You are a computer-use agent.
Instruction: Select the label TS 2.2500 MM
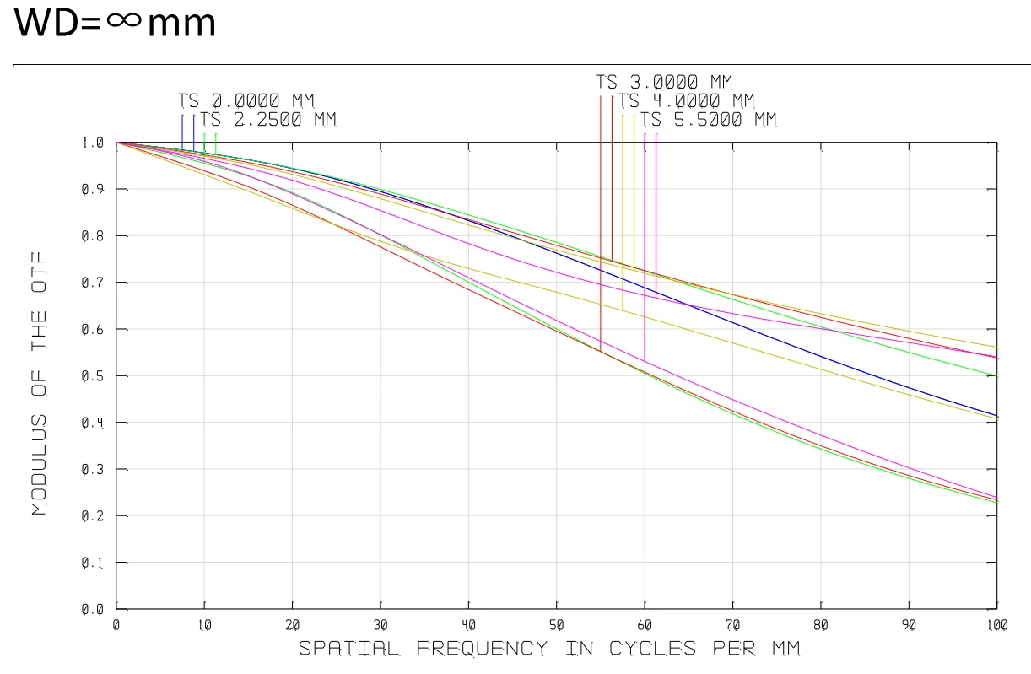pyautogui.click(x=268, y=120)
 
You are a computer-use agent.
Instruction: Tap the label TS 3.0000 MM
pyautogui.click(x=665, y=83)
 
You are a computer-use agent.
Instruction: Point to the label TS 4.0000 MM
pyautogui.click(x=686, y=101)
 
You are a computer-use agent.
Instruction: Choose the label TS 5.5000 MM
pyautogui.click(x=708, y=120)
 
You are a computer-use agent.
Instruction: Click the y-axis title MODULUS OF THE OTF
pyautogui.click(x=39, y=383)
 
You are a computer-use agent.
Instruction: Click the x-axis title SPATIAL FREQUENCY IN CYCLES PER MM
pyautogui.click(x=548, y=649)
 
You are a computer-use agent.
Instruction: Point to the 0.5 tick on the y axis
pyautogui.click(x=92, y=375)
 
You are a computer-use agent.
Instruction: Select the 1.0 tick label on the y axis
pyautogui.click(x=92, y=143)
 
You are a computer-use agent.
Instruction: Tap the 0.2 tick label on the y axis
pyautogui.click(x=92, y=515)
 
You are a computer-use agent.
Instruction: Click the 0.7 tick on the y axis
pyautogui.click(x=92, y=283)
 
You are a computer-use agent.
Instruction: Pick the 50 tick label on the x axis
pyautogui.click(x=556, y=626)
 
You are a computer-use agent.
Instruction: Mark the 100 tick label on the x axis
pyautogui.click(x=996, y=626)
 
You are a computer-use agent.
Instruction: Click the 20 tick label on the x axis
pyautogui.click(x=292, y=626)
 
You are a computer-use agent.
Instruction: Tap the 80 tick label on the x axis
pyautogui.click(x=820, y=626)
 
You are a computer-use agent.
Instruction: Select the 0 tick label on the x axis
pyautogui.click(x=116, y=626)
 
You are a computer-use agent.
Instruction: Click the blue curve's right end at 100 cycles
pyautogui.click(x=996, y=415)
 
